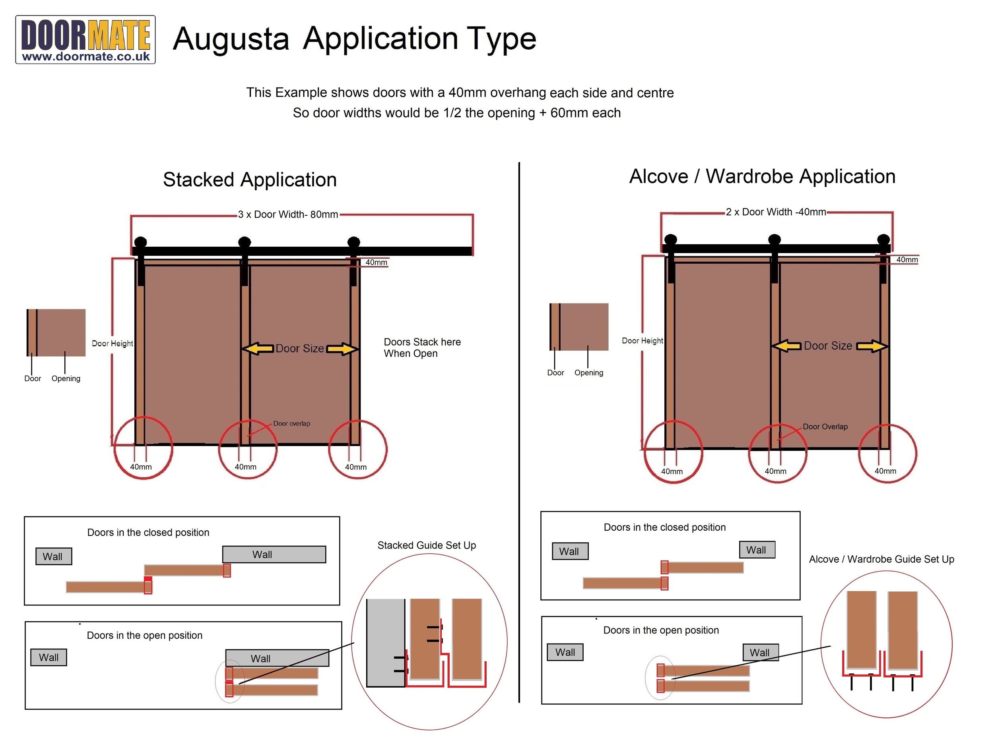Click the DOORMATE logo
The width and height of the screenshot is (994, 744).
click(85, 39)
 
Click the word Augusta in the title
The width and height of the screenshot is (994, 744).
click(231, 39)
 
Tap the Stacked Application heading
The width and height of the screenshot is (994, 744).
click(249, 180)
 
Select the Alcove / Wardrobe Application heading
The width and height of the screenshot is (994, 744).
click(762, 176)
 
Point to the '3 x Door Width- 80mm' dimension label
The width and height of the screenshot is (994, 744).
click(287, 215)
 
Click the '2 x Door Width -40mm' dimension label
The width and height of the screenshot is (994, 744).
click(776, 212)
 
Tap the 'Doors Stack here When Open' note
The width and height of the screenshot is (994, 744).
click(422, 348)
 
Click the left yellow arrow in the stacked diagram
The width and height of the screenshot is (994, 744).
click(258, 348)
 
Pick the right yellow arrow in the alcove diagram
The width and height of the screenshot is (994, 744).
click(871, 346)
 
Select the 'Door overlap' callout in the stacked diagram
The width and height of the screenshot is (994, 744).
click(291, 423)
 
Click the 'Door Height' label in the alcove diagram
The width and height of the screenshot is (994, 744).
click(642, 341)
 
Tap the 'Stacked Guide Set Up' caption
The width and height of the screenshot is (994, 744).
click(427, 545)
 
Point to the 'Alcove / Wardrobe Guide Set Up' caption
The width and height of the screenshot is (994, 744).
click(881, 559)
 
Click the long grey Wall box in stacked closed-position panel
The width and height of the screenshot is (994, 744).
click(274, 555)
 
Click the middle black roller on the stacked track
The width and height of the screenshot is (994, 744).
click(245, 242)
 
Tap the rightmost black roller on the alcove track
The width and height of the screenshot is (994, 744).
click(883, 240)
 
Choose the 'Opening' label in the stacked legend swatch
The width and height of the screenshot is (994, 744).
click(66, 379)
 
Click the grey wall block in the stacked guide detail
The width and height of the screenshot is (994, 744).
click(385, 642)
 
